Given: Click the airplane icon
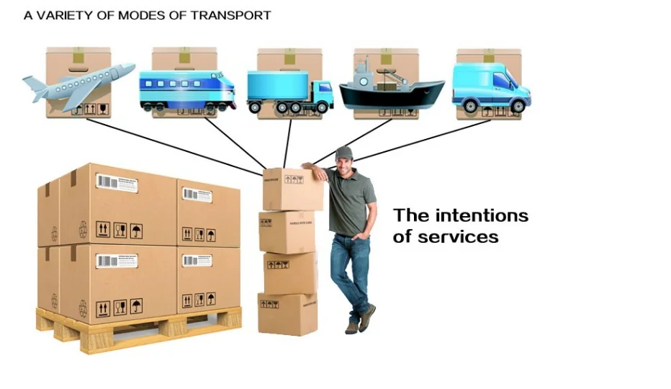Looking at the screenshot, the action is tap(79, 86).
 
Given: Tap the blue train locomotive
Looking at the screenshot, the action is tap(187, 89).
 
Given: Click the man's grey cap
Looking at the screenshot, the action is tap(344, 153).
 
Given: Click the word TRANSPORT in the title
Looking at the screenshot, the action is tap(230, 15).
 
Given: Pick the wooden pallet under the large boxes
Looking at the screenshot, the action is tap(137, 328).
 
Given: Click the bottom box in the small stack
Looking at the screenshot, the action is tap(288, 313).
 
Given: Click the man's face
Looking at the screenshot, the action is tap(345, 164).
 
